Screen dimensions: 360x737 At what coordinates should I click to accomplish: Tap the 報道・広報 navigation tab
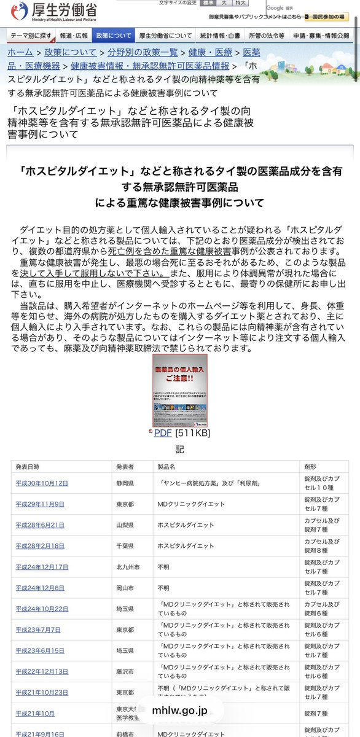click(x=74, y=36)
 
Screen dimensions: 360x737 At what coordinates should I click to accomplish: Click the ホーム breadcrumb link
click(x=20, y=53)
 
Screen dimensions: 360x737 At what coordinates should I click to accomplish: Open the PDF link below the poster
click(x=163, y=432)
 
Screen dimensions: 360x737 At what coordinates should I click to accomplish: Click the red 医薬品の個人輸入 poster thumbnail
click(x=180, y=391)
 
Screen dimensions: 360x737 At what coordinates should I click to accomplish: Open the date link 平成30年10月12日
click(x=42, y=483)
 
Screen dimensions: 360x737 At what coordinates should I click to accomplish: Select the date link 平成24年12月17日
click(x=42, y=566)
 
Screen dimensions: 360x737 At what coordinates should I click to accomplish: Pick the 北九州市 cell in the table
click(x=127, y=566)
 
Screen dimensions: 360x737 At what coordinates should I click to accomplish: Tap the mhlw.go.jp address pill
click(x=180, y=711)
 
